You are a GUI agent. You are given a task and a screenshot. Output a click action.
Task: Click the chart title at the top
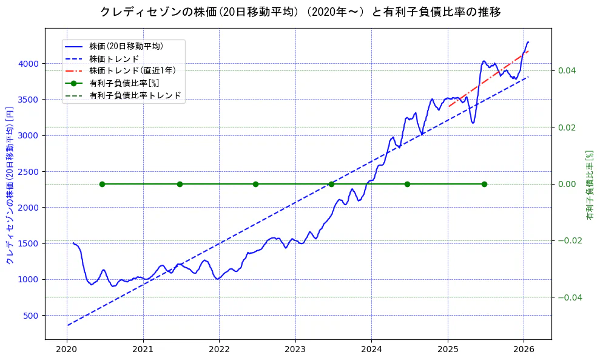[300, 12]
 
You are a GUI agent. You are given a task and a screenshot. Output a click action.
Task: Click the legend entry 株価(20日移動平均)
[126, 46]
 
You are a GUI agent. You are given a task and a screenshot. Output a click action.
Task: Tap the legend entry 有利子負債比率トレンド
[135, 95]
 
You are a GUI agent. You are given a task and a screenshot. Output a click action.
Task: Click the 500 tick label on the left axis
[30, 316]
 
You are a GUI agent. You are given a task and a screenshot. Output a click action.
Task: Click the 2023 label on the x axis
[295, 350]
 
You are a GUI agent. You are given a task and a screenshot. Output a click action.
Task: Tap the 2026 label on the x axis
[524, 350]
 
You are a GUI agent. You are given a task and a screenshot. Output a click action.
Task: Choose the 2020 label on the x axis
[67, 350]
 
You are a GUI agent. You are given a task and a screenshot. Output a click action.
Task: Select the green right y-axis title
[589, 185]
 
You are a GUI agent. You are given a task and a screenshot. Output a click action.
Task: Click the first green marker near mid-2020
[102, 184]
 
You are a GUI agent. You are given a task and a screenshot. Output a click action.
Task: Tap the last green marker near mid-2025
[484, 184]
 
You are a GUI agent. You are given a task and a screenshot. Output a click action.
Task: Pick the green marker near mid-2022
[255, 184]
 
